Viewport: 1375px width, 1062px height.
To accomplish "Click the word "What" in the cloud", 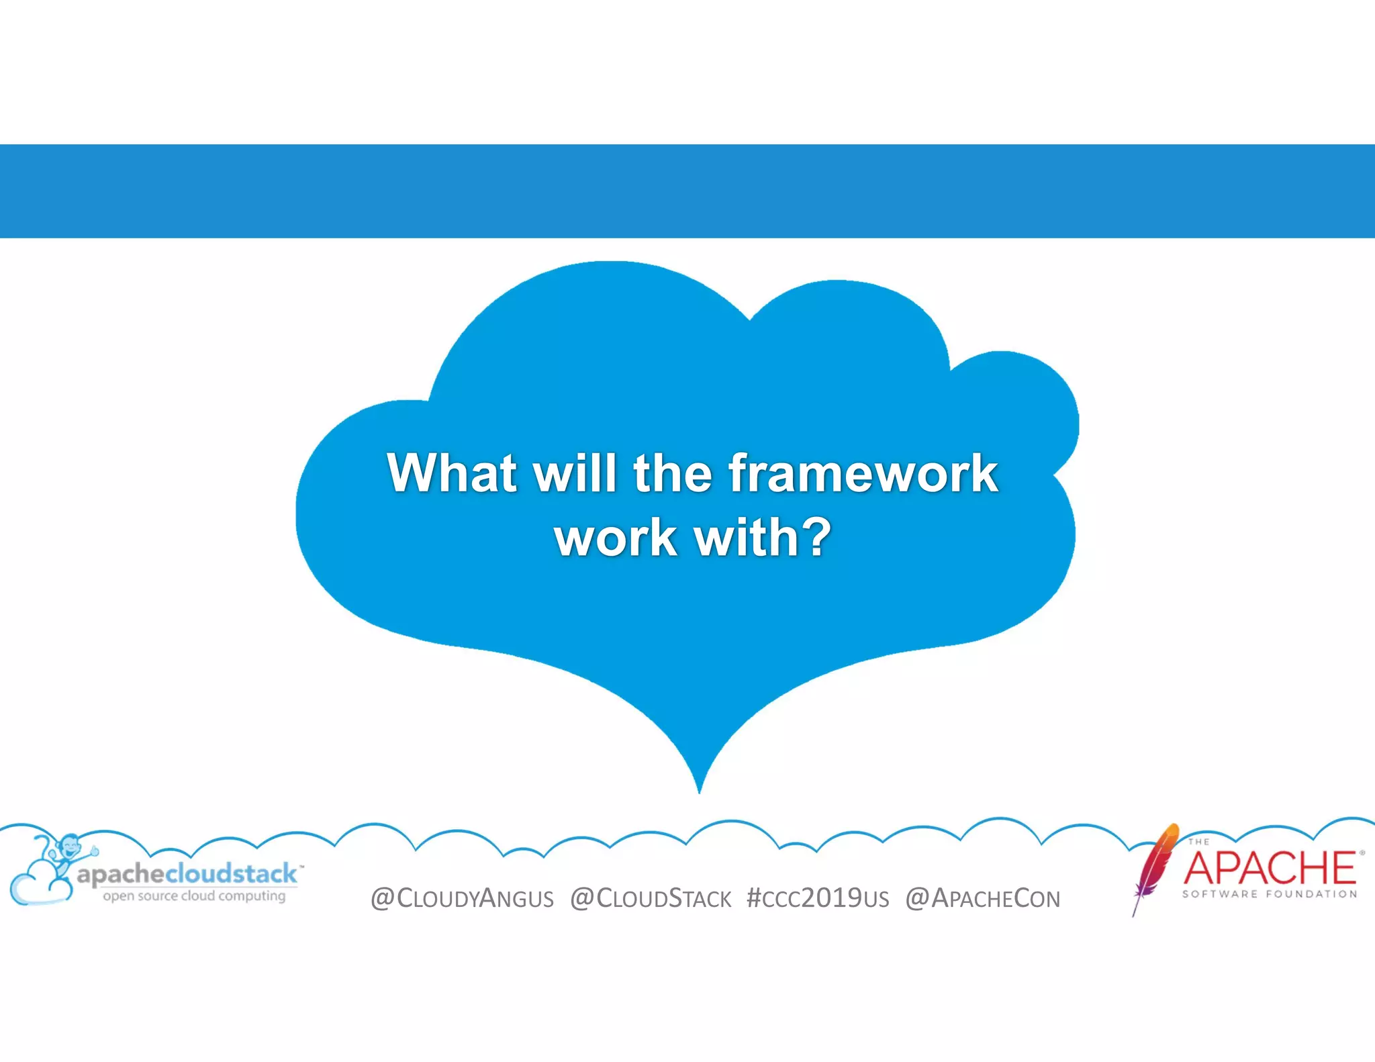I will pyautogui.click(x=451, y=473).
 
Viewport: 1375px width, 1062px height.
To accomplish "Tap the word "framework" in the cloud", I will pyautogui.click(x=863, y=473).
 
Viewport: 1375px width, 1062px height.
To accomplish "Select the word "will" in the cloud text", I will pyautogui.click(x=574, y=473).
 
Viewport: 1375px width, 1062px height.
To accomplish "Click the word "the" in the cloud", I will pyautogui.click(x=672, y=473).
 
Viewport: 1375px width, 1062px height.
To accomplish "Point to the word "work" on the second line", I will pyautogui.click(x=615, y=538).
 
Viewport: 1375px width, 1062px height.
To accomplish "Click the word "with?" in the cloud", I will pyautogui.click(x=763, y=538).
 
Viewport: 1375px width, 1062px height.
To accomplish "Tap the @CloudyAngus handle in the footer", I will pyautogui.click(x=462, y=899).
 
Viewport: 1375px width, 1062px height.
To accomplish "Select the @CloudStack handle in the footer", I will pyautogui.click(x=651, y=899).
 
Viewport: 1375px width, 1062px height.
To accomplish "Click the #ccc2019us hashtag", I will pyautogui.click(x=818, y=899).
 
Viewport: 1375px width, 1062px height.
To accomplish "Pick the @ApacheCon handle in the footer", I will pyautogui.click(x=983, y=899).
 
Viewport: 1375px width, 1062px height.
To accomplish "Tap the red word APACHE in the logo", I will pyautogui.click(x=1269, y=868).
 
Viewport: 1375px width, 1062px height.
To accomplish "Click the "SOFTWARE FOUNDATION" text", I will pyautogui.click(x=1269, y=894).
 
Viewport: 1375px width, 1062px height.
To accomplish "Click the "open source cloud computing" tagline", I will pyautogui.click(x=193, y=896).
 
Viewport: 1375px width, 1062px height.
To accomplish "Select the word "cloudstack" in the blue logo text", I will pyautogui.click(x=231, y=873).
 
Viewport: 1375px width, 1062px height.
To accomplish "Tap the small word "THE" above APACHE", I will pyautogui.click(x=1198, y=842).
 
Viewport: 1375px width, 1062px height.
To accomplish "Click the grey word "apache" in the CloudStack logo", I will pyautogui.click(x=121, y=875).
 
